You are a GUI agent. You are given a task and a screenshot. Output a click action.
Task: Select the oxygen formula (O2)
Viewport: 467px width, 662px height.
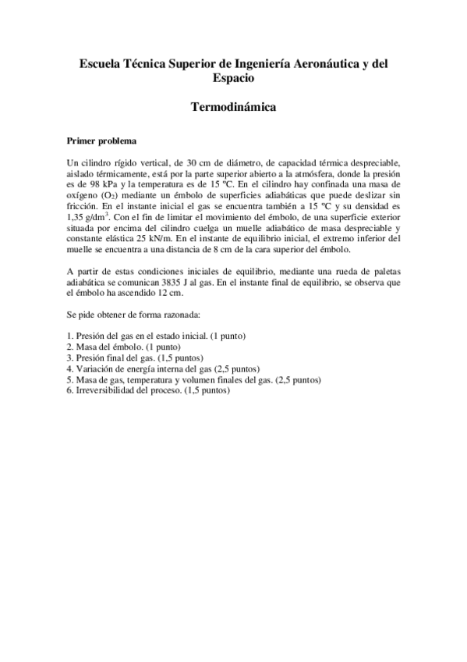(106, 187)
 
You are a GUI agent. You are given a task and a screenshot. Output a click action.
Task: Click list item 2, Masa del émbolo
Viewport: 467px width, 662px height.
(125, 346)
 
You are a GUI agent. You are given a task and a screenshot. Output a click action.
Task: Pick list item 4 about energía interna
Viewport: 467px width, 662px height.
(163, 368)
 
